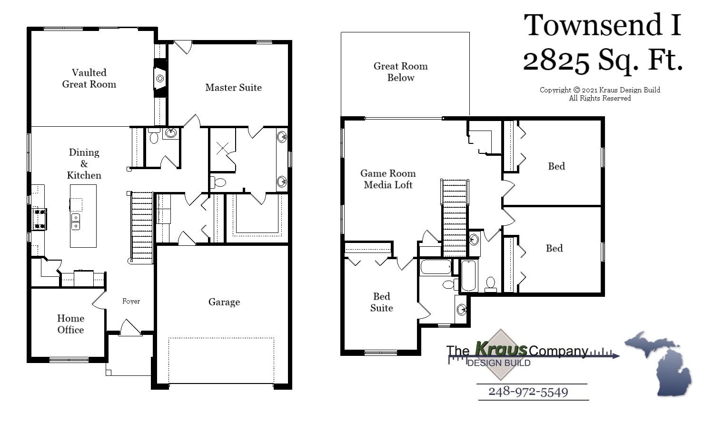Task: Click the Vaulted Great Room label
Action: pos(89,79)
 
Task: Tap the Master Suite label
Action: pos(233,88)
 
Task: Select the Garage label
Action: pos(224,302)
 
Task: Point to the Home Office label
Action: pos(70,324)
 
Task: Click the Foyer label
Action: pos(131,301)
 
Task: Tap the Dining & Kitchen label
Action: pos(84,164)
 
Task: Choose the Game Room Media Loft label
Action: pos(388,179)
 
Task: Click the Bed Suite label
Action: pos(381,302)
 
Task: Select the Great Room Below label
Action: pos(400,72)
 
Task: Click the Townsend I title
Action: pos(603,26)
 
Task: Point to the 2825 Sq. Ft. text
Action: pos(603,61)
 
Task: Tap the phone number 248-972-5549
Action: pos(528,392)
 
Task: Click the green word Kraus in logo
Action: pos(501,349)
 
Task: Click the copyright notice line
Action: pos(600,90)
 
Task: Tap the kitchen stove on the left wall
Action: pos(39,219)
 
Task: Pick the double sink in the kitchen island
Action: pos(76,222)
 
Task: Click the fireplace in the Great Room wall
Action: pos(160,78)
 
